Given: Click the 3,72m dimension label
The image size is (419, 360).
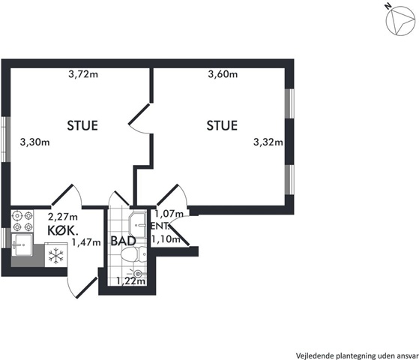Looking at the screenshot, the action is [x=83, y=74].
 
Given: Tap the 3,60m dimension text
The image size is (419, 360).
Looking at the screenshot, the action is [x=223, y=74].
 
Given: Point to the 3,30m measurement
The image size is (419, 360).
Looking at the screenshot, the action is [x=35, y=142].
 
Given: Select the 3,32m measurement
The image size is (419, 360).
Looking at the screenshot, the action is [x=268, y=142].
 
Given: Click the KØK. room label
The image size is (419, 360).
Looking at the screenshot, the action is [x=63, y=230].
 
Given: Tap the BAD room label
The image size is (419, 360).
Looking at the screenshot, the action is [x=123, y=241].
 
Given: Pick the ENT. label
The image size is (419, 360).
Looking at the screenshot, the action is [x=160, y=226].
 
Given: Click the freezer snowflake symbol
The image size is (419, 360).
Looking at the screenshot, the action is [x=55, y=256].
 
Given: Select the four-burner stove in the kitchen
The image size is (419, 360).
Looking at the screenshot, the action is [x=22, y=221].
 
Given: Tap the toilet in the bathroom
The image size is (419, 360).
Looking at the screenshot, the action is [x=133, y=254].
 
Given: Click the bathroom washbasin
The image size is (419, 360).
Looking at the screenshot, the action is [x=137, y=226].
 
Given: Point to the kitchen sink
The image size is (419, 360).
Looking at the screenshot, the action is [x=22, y=245].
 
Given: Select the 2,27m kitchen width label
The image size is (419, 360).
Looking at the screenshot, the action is [x=63, y=216].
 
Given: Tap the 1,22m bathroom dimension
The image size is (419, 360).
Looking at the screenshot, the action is [x=131, y=281].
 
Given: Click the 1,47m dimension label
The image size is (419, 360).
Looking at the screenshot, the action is [x=86, y=242].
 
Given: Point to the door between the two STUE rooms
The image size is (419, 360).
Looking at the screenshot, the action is [x=139, y=118].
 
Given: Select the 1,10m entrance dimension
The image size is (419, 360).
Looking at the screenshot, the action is [x=166, y=239].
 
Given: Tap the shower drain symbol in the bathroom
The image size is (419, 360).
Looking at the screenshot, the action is [x=138, y=274].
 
